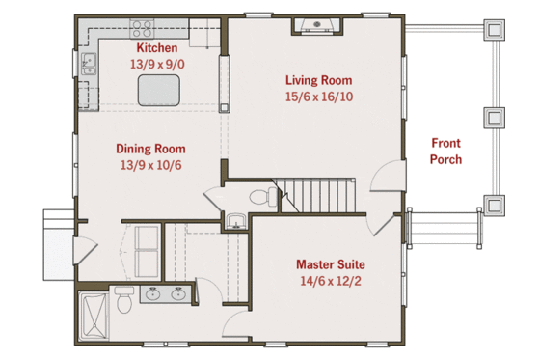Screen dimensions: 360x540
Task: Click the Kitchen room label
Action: click(155, 48)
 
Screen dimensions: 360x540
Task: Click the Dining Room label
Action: click(150, 149)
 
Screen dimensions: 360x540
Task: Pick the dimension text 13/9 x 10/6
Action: click(150, 165)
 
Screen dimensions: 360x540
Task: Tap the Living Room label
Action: click(318, 80)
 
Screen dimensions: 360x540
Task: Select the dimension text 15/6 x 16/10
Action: click(318, 97)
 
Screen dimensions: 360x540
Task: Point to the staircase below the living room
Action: click(318, 196)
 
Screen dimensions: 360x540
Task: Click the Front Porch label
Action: click(445, 151)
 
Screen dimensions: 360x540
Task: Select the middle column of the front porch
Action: click(495, 118)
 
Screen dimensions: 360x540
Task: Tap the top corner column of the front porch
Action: click(495, 31)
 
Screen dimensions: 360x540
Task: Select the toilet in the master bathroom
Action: click(123, 299)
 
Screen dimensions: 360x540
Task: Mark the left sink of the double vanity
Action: click(152, 293)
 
